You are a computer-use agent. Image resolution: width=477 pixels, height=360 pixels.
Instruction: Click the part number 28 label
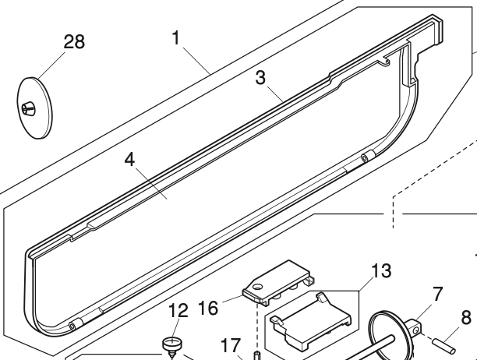(x=74, y=42)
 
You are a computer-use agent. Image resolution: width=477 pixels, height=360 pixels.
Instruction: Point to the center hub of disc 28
(x=30, y=108)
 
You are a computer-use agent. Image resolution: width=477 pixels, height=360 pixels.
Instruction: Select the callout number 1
(x=178, y=37)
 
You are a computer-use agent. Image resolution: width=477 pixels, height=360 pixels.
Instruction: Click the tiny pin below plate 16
(x=256, y=356)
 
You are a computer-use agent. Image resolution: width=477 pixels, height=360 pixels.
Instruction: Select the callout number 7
(x=438, y=294)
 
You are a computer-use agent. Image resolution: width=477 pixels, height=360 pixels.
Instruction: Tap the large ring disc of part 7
(x=383, y=331)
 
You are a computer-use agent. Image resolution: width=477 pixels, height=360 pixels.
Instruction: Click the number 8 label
(x=466, y=318)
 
